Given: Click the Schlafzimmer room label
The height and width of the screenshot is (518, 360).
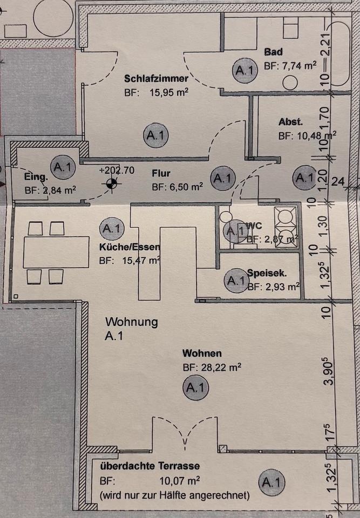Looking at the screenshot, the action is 156,78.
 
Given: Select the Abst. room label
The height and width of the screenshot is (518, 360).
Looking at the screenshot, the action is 290,121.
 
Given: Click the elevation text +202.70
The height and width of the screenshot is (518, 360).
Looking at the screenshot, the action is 117,170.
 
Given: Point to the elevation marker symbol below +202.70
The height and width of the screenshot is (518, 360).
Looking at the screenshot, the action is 111,184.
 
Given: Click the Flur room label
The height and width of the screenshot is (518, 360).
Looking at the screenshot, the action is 161,173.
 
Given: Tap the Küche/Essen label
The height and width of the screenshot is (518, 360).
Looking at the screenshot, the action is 130,248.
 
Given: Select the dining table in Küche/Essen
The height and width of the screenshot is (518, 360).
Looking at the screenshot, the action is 56,252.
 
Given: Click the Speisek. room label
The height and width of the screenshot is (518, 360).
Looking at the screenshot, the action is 267,274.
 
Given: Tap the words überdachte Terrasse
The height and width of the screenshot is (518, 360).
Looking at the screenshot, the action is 150,466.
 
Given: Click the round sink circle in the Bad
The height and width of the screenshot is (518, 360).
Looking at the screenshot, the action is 291,84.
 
